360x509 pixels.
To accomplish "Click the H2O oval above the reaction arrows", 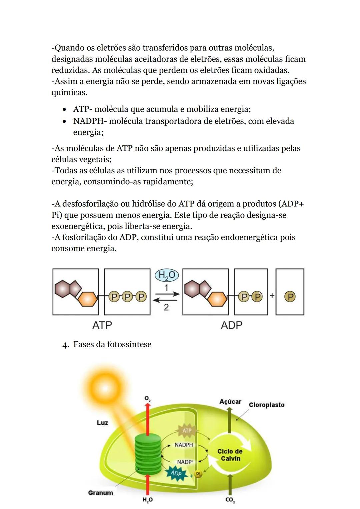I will (x=167, y=275).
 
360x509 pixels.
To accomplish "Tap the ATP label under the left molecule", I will (x=102, y=325).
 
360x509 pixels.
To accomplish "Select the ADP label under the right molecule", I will (x=231, y=325).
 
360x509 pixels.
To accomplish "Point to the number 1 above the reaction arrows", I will (x=166, y=287).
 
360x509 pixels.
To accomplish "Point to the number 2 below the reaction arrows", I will (x=166, y=307).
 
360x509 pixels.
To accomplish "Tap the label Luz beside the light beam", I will (x=102, y=423).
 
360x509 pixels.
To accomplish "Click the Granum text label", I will (x=100, y=493).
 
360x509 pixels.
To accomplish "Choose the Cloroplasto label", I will (x=267, y=405).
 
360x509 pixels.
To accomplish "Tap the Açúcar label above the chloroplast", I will (x=230, y=402).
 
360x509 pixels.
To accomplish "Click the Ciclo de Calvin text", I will (x=230, y=455).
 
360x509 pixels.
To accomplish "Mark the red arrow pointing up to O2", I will (x=148, y=417).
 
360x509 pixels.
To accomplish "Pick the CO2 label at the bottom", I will (x=230, y=500).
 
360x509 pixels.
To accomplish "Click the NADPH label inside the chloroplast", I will (x=184, y=445).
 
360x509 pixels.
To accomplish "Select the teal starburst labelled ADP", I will (x=176, y=473).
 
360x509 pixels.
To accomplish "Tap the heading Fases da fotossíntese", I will (x=112, y=344).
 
